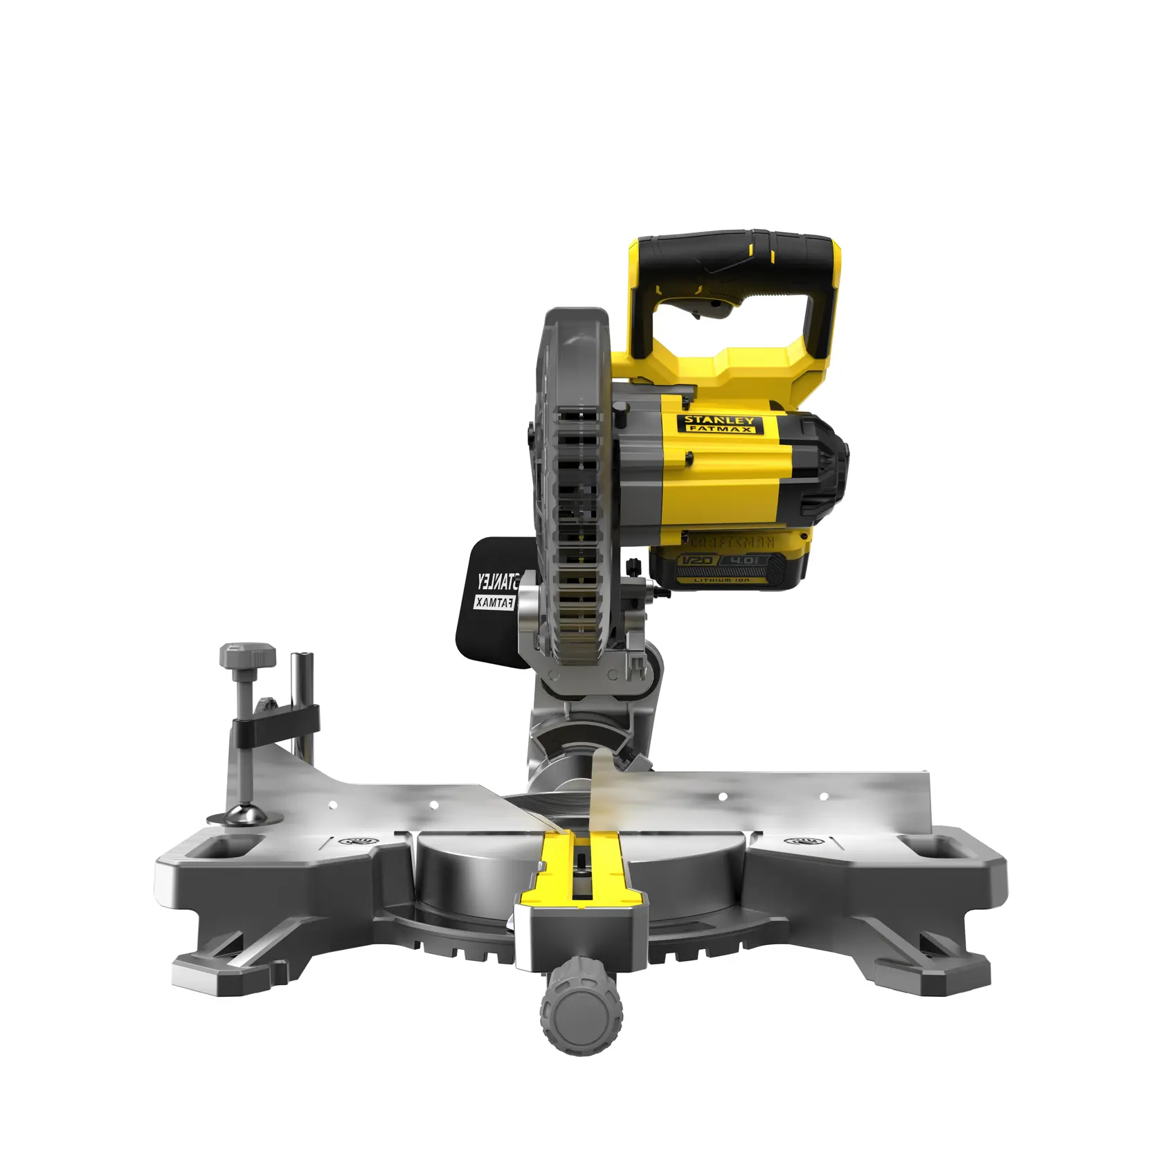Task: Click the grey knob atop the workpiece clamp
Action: tap(247, 655)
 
